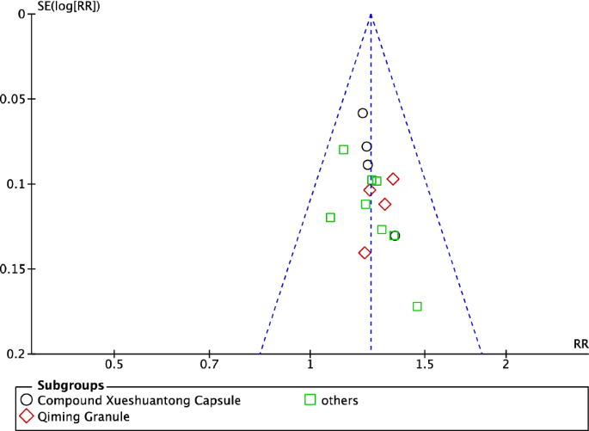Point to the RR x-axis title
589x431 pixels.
tap(580, 344)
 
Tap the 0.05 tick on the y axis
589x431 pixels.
tap(15, 99)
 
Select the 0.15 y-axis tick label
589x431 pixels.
tap(15, 269)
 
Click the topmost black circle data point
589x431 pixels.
tap(363, 114)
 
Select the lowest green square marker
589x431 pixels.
tap(417, 306)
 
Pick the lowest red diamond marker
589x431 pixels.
tap(365, 253)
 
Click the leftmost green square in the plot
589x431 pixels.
tap(330, 218)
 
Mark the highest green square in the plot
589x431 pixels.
tap(343, 150)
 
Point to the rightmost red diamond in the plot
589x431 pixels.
tap(393, 179)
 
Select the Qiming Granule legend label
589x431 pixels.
tap(85, 417)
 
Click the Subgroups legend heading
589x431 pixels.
tap(71, 385)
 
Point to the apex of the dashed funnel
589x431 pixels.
tap(371, 14)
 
